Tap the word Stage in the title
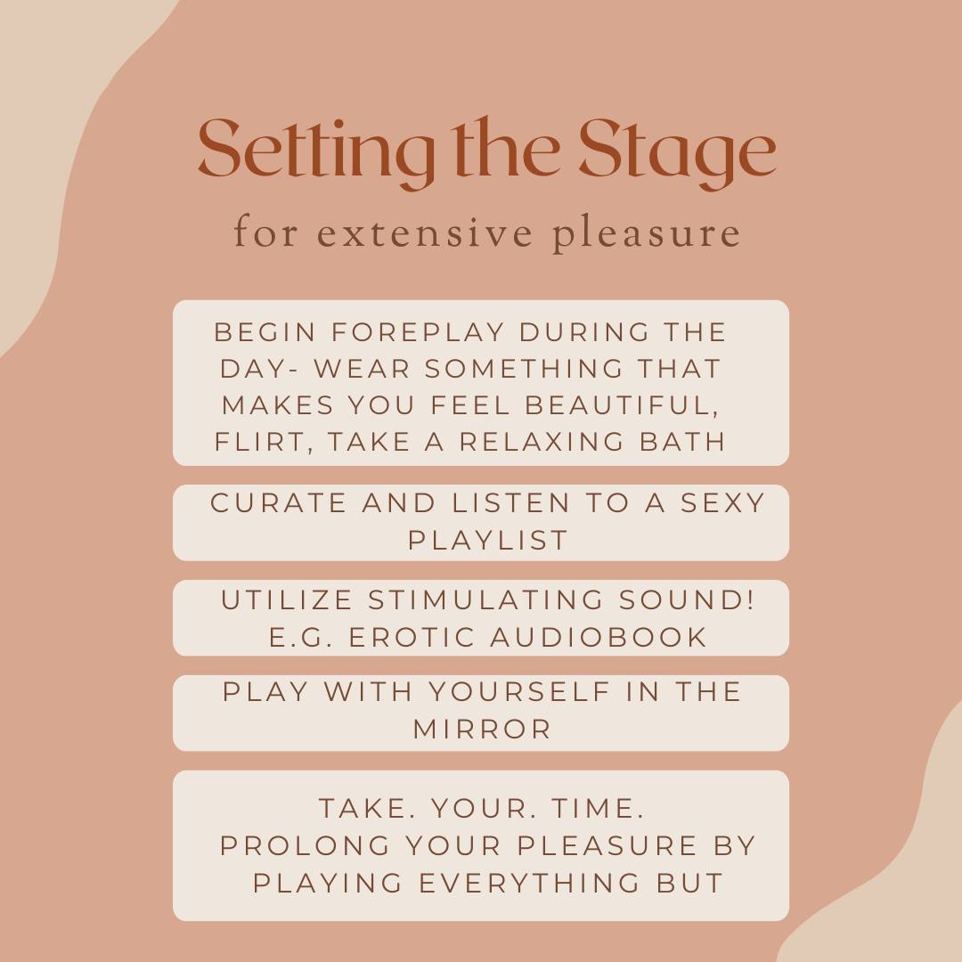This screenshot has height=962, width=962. point(678,152)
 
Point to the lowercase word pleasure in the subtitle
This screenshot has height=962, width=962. point(646,235)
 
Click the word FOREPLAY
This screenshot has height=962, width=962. point(418,332)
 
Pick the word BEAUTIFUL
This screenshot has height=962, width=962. point(622,406)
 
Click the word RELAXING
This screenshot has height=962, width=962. point(542,442)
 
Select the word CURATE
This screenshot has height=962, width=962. point(279,503)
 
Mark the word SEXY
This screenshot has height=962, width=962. point(722,503)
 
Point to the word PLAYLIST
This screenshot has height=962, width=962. point(488,541)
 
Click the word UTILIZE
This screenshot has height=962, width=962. point(287,599)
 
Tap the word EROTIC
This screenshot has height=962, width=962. point(412,637)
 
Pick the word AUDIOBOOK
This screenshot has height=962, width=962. point(599,637)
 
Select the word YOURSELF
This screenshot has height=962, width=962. point(519,691)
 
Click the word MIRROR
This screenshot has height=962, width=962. point(482,730)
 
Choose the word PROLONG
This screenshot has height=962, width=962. point(305,845)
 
